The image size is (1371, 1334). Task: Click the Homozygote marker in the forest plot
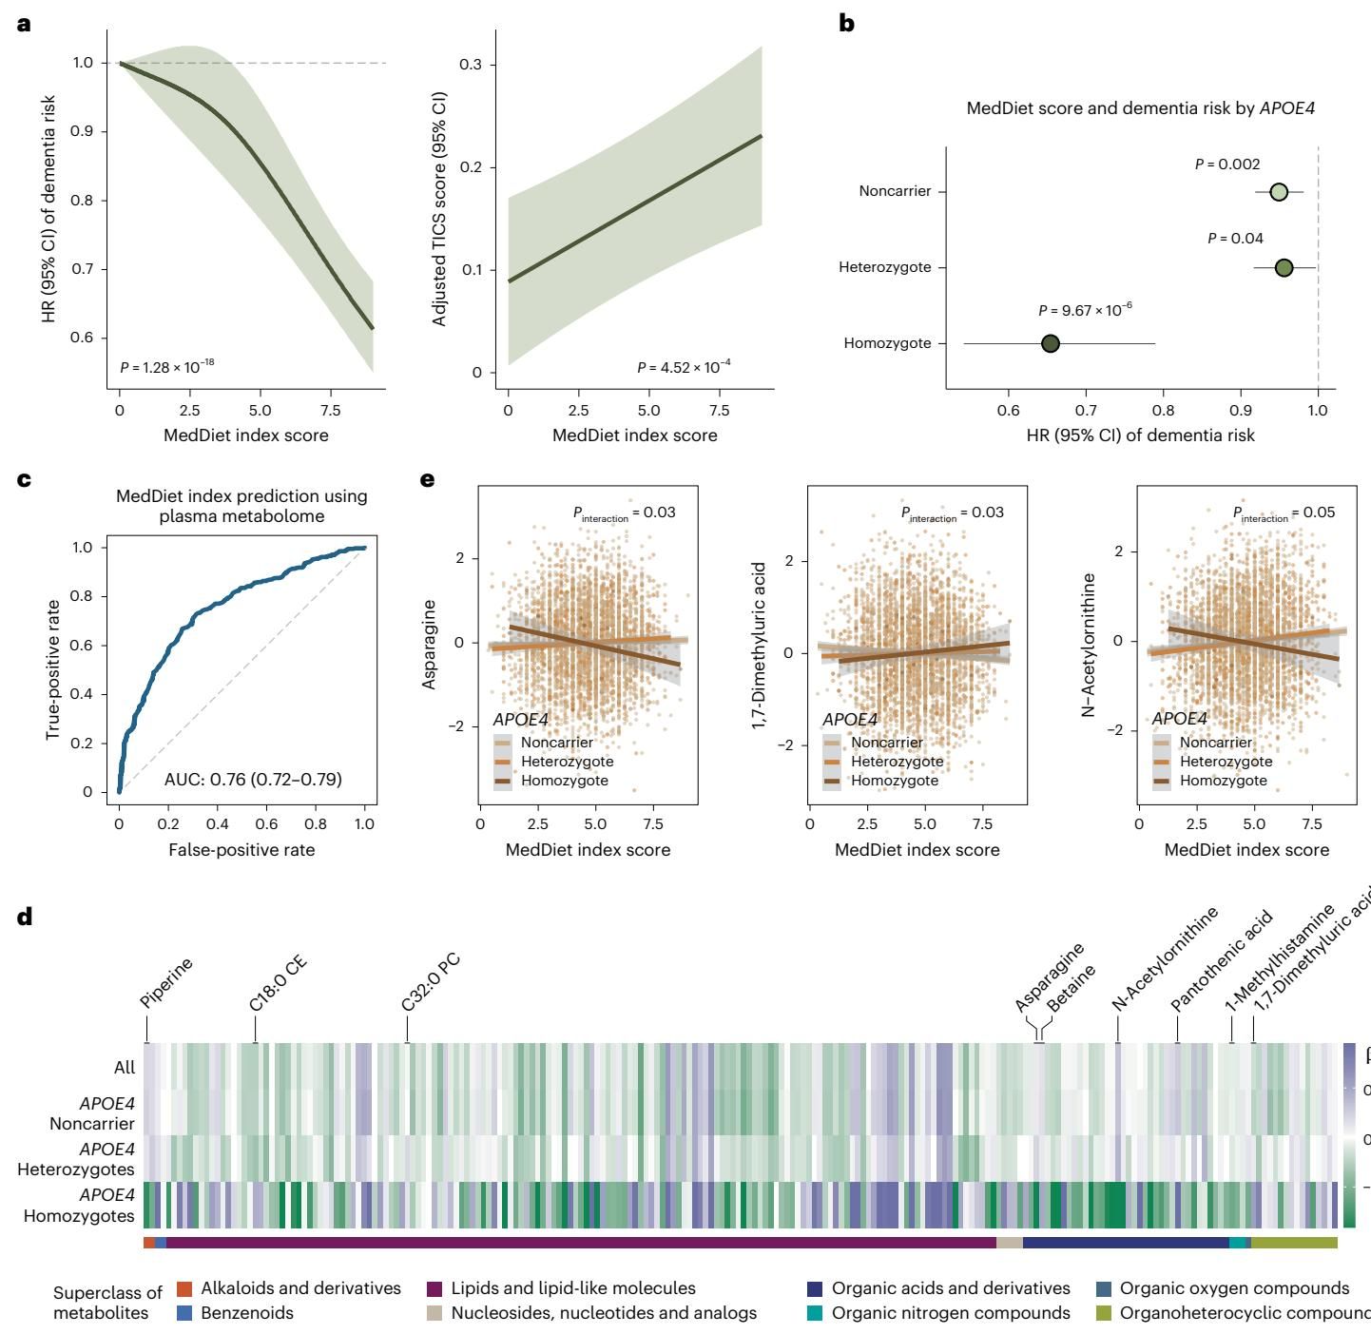coord(1050,343)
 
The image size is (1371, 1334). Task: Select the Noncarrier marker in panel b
coord(1279,192)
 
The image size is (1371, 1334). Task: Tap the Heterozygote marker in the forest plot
coord(1284,268)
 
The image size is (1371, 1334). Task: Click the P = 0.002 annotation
coord(1227,164)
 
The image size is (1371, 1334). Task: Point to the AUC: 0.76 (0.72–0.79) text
coord(253,780)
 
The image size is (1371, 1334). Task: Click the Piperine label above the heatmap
coord(166,983)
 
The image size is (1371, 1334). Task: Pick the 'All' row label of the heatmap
coord(125,1067)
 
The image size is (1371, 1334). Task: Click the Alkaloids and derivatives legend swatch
coord(184,1288)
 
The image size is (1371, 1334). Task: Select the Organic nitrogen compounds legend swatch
coord(816,1313)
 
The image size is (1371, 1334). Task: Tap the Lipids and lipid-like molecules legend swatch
coord(435,1288)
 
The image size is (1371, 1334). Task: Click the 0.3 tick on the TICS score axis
coord(473,65)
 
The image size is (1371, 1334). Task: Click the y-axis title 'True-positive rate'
coord(53,669)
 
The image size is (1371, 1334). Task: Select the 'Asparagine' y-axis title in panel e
coord(431,645)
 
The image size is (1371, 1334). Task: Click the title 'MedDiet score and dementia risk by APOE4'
coord(1140,108)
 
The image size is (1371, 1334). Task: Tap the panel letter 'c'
coord(24,479)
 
